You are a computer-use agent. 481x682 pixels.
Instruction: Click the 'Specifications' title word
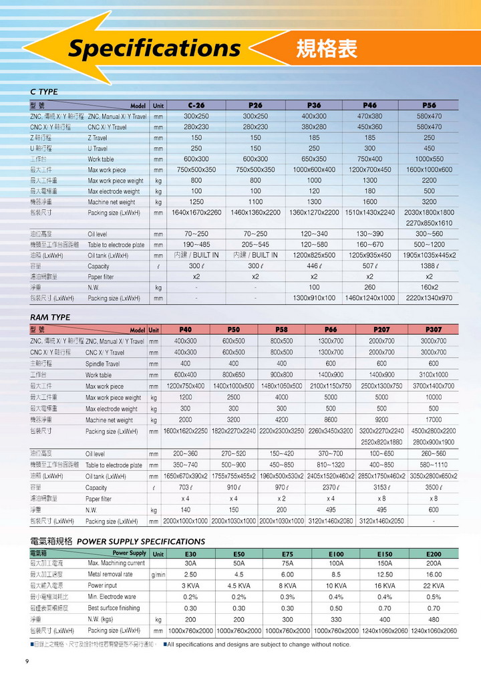154,48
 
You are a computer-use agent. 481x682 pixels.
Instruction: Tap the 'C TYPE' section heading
44,92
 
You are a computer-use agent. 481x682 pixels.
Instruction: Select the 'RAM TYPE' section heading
50,317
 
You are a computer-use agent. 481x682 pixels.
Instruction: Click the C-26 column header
196,106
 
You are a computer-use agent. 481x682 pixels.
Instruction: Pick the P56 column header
429,106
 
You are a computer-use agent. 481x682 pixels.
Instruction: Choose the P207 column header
381,330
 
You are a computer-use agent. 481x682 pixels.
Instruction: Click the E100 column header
336,554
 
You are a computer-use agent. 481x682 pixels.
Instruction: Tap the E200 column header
434,554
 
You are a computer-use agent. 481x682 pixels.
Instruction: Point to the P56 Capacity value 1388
429,266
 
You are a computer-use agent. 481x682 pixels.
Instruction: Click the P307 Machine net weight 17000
434,420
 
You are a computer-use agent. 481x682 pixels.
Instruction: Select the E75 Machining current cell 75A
287,564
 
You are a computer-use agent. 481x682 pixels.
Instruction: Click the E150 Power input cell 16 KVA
385,586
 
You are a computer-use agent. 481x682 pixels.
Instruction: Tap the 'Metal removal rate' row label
110,574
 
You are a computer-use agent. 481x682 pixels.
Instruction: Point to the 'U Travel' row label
98,148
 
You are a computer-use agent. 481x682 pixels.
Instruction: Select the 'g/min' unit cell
158,575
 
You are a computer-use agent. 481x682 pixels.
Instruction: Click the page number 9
27,662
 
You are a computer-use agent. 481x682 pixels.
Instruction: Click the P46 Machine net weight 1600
369,202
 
